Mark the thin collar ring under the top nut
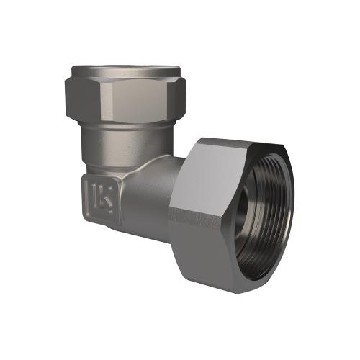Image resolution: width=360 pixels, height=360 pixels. [x=130, y=124]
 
